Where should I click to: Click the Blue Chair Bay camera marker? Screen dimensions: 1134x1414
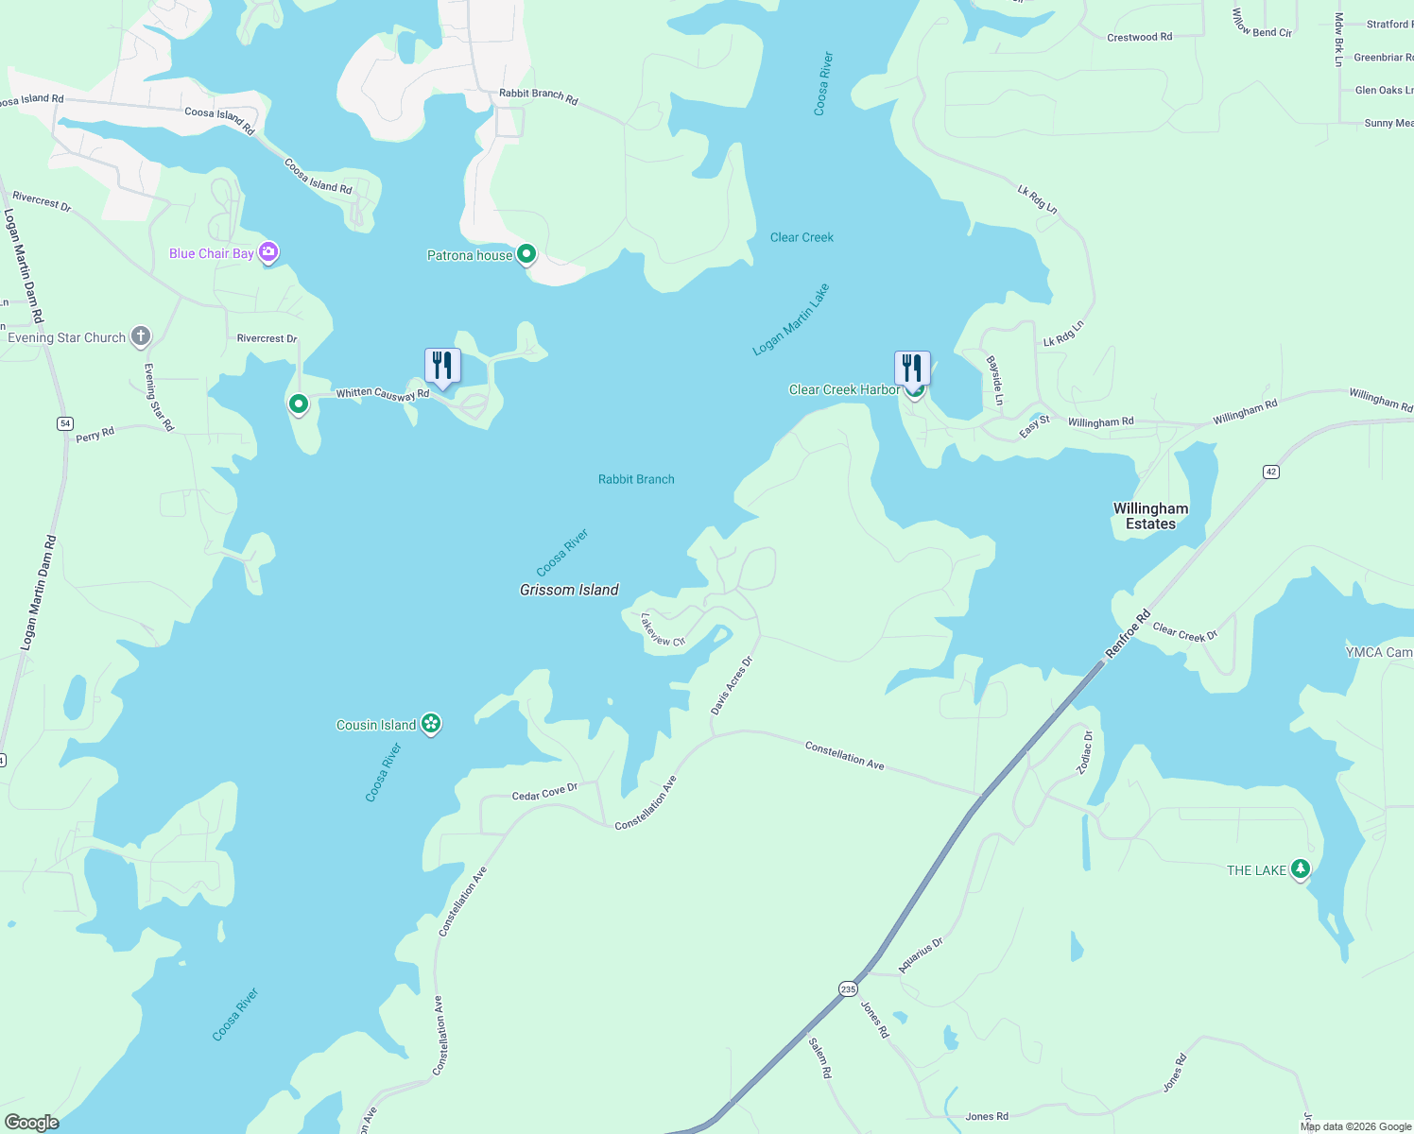point(269,252)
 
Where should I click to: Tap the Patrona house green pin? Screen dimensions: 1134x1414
point(526,254)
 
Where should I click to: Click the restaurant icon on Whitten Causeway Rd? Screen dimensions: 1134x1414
point(441,366)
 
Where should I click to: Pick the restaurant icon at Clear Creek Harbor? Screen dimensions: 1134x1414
point(912,369)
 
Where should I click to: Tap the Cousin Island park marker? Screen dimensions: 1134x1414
point(431,724)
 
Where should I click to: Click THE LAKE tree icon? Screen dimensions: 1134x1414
point(1301,869)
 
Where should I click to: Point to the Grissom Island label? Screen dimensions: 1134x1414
point(569,590)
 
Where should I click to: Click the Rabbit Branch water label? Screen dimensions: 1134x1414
point(636,479)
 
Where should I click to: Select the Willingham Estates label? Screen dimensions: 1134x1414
point(1150,516)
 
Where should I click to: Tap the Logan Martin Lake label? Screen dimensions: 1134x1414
point(790,319)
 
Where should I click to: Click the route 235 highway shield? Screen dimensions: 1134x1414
point(847,988)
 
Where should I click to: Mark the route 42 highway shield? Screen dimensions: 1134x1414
point(1271,472)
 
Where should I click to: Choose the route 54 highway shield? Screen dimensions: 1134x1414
point(64,423)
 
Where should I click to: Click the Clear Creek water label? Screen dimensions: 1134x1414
point(802,237)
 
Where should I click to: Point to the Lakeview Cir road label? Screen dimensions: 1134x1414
point(662,630)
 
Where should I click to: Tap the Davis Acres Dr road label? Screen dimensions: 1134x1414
point(732,685)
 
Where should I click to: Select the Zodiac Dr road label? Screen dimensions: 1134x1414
point(1085,752)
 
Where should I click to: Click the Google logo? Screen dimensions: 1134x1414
point(31,1122)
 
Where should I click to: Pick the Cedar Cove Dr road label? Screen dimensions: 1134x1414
point(543,792)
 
